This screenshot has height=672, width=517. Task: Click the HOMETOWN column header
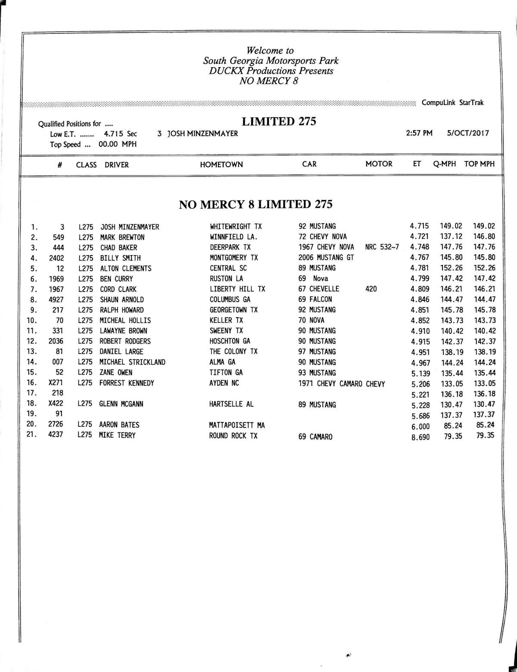click(x=221, y=165)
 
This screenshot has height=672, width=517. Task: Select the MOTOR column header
click(x=379, y=164)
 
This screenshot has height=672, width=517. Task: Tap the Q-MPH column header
click(x=444, y=164)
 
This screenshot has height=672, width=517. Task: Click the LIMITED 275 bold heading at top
click(x=279, y=122)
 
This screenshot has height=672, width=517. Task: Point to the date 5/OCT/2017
click(x=468, y=133)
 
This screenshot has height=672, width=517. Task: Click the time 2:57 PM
click(x=419, y=133)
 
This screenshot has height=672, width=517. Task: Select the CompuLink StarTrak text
click(x=452, y=103)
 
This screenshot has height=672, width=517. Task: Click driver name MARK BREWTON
click(x=122, y=238)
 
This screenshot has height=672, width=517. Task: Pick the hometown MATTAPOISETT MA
click(x=237, y=425)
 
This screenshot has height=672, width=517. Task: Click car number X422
click(x=56, y=404)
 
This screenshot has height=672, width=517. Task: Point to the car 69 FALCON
click(x=315, y=300)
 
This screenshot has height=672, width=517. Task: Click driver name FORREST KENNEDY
click(x=127, y=383)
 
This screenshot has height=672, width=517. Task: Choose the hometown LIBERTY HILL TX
click(x=237, y=289)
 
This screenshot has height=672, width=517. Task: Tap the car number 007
click(x=58, y=362)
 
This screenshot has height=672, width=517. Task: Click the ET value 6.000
click(x=420, y=426)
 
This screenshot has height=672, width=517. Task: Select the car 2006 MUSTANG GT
click(x=326, y=258)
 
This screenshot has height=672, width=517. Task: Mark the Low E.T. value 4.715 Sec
click(x=120, y=134)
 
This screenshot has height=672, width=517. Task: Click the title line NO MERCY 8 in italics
click(x=268, y=81)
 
